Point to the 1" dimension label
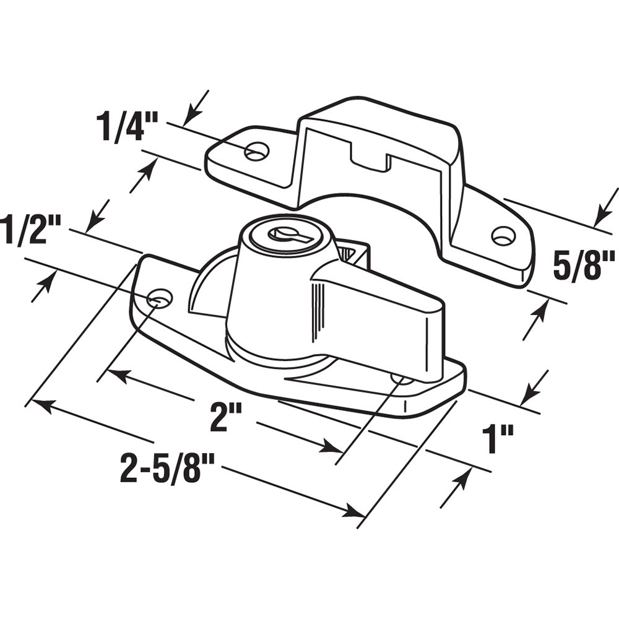point(499,440)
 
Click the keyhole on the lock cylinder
point(283,234)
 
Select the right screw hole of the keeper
point(503,235)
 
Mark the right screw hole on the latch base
point(401,379)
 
